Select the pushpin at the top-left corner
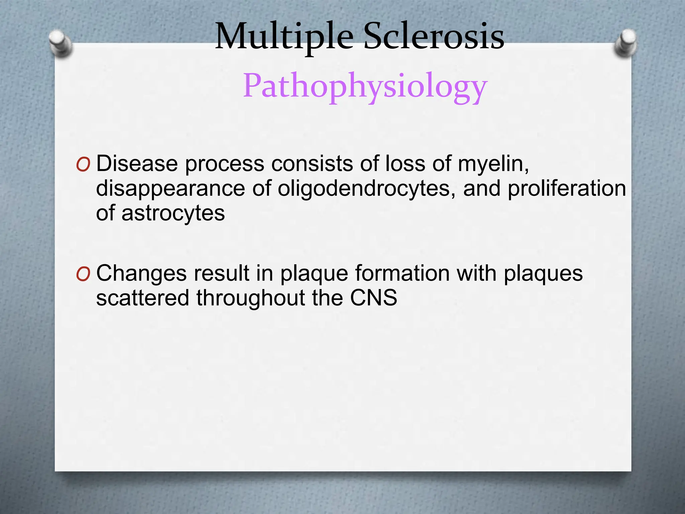(x=60, y=44)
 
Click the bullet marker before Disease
(x=83, y=165)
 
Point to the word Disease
(x=137, y=164)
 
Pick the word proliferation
(x=567, y=188)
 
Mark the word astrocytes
(x=173, y=213)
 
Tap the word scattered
(x=142, y=298)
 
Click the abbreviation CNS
(x=373, y=298)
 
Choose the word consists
(x=312, y=164)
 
